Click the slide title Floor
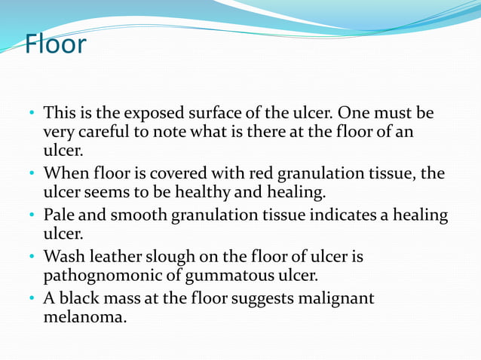tap(55, 44)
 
